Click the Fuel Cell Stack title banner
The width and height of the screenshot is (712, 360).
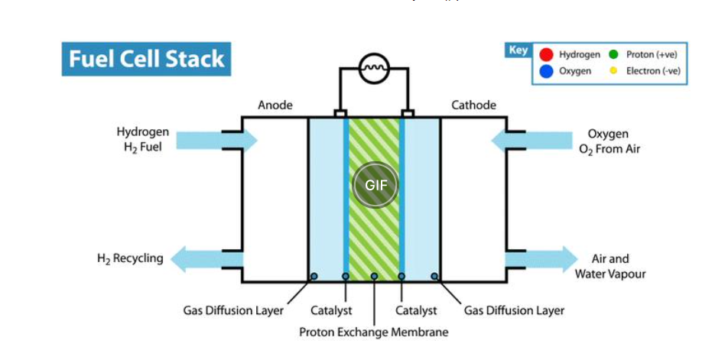click(145, 60)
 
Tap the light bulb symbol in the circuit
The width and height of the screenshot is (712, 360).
click(375, 68)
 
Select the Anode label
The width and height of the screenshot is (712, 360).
click(275, 105)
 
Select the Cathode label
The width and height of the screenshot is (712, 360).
click(473, 105)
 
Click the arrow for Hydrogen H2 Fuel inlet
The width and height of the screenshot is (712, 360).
click(218, 140)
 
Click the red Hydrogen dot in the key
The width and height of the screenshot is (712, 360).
click(545, 55)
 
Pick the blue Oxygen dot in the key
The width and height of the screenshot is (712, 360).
click(545, 71)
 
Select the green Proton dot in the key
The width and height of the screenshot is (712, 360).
click(613, 55)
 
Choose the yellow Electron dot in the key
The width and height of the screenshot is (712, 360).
click(613, 71)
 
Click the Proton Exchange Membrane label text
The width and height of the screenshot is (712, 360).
click(374, 332)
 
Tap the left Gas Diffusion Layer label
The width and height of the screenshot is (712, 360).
click(233, 311)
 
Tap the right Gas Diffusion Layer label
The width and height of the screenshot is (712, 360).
click(514, 311)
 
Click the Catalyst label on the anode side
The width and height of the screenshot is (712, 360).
click(331, 311)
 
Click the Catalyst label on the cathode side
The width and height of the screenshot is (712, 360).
click(416, 311)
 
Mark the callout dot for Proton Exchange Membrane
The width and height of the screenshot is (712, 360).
click(374, 276)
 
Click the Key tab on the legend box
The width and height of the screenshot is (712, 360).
click(518, 50)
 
